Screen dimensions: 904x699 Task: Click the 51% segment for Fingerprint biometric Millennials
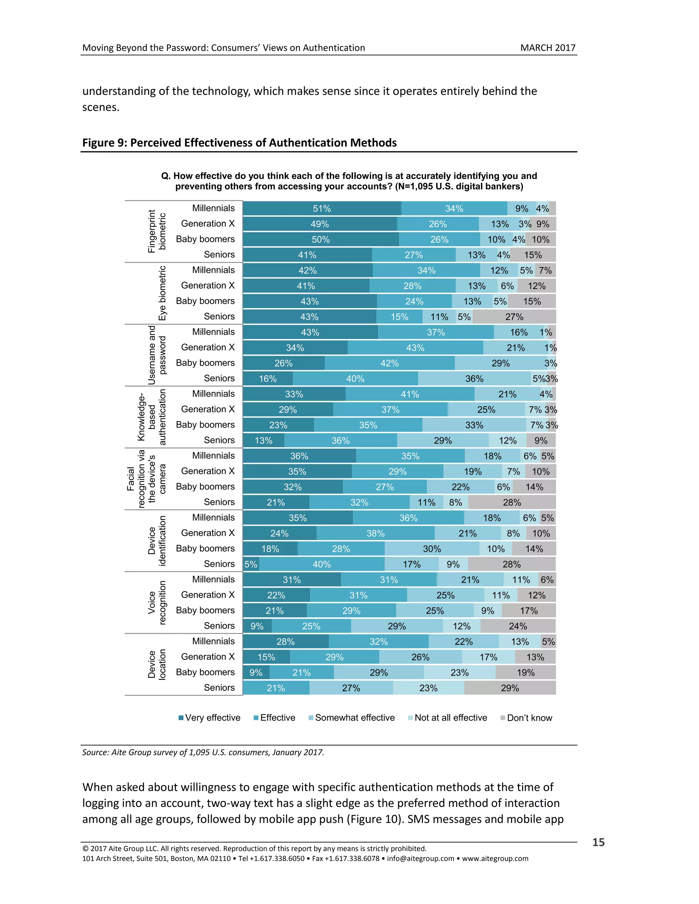coord(322,209)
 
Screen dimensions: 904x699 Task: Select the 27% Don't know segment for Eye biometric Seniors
coord(514,317)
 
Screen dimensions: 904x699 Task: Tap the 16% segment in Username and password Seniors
coord(268,379)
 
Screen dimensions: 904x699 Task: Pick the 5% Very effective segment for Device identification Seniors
coord(251,564)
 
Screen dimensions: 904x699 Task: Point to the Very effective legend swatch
coord(181,718)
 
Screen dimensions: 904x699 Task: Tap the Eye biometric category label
coord(162,293)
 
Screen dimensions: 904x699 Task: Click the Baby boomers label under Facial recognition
coord(205,487)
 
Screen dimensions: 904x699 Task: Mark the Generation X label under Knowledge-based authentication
coord(208,409)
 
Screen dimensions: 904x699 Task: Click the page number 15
coord(598,842)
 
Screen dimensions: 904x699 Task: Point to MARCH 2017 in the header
coord(547,48)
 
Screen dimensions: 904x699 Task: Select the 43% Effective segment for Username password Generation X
coord(415,348)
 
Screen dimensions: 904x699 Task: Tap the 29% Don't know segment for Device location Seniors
coord(510,688)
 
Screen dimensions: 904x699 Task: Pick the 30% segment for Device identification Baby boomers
coord(431,549)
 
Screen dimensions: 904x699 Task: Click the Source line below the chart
coord(203,753)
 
